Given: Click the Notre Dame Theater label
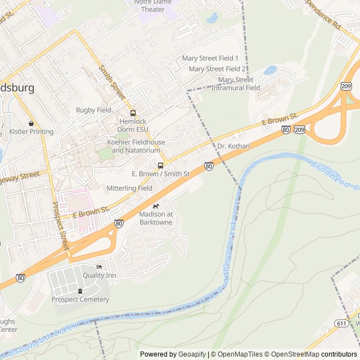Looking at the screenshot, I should coord(153,6).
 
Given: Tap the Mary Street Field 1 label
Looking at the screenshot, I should coord(210,58).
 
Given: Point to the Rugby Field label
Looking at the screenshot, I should coord(94,110).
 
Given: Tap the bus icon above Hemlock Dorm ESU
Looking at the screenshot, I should coord(133,113).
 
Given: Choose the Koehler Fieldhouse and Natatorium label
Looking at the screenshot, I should coord(136,146).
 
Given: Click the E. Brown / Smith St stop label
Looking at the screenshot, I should coord(160,174).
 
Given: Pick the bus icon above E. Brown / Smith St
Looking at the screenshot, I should coord(161,165).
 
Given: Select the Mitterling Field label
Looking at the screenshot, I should coord(129,188).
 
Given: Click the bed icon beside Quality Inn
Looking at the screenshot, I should coord(100,267).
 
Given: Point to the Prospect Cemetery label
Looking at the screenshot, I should coord(80,299).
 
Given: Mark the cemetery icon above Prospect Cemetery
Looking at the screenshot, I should coord(80,291).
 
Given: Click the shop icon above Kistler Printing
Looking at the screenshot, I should coord(31,123).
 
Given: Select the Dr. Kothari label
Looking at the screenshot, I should coord(233,146).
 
